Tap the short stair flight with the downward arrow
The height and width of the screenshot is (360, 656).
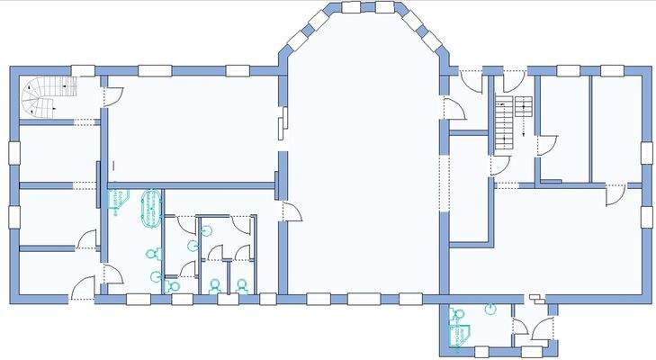tap(524, 108)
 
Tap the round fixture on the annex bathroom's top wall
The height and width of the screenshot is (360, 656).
tap(489, 309)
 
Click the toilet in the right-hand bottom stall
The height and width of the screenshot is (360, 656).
tap(242, 286)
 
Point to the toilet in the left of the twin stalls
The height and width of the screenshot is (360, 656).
tap(215, 286)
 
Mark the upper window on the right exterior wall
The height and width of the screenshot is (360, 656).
tap(645, 152)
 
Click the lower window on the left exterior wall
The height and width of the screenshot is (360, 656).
tap(13, 217)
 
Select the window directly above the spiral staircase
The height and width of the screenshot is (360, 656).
tap(83, 69)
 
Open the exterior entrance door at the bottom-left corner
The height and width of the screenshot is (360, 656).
tap(82, 290)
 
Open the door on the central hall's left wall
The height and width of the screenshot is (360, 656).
tap(292, 212)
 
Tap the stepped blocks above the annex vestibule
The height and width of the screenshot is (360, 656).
tap(536, 296)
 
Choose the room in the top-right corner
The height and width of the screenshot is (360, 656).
tap(615, 126)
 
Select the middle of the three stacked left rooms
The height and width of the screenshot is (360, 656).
tap(56, 216)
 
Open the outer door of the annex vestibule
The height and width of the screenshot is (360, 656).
tap(543, 329)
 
